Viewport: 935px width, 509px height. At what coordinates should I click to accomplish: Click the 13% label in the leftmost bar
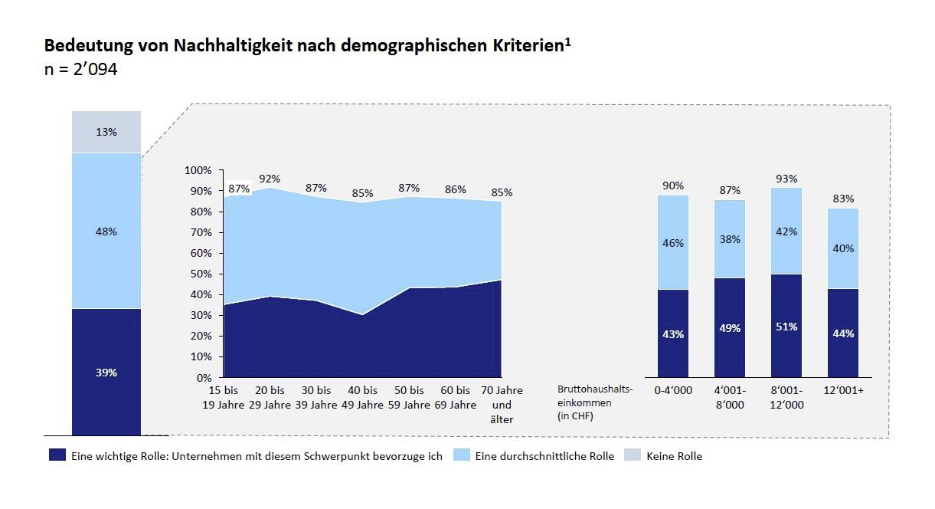(x=106, y=132)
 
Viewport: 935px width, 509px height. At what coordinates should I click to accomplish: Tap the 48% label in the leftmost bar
(x=106, y=232)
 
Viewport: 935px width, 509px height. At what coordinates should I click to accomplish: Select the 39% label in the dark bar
(x=106, y=373)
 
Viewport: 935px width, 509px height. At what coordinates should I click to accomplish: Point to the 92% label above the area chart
(x=270, y=179)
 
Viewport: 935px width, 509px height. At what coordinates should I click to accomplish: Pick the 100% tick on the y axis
(x=198, y=170)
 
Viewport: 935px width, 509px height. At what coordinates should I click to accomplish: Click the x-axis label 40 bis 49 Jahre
(x=361, y=398)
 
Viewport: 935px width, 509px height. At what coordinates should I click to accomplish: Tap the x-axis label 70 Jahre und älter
(x=502, y=405)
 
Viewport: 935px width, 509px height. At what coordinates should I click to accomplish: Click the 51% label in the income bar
(x=786, y=327)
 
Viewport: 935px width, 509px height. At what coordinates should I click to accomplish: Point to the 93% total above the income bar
(x=786, y=179)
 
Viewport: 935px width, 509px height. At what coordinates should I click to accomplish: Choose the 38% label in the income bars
(x=729, y=238)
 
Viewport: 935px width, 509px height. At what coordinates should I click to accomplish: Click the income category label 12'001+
(x=842, y=391)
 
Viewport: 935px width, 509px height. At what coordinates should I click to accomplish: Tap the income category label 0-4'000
(x=673, y=391)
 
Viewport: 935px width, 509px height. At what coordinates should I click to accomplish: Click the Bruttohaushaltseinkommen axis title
(x=596, y=402)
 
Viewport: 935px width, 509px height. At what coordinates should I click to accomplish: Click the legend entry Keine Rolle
(x=674, y=456)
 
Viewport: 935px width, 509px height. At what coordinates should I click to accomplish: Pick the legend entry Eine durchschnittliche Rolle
(x=544, y=456)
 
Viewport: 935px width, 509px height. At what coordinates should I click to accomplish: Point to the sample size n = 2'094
(x=80, y=68)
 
